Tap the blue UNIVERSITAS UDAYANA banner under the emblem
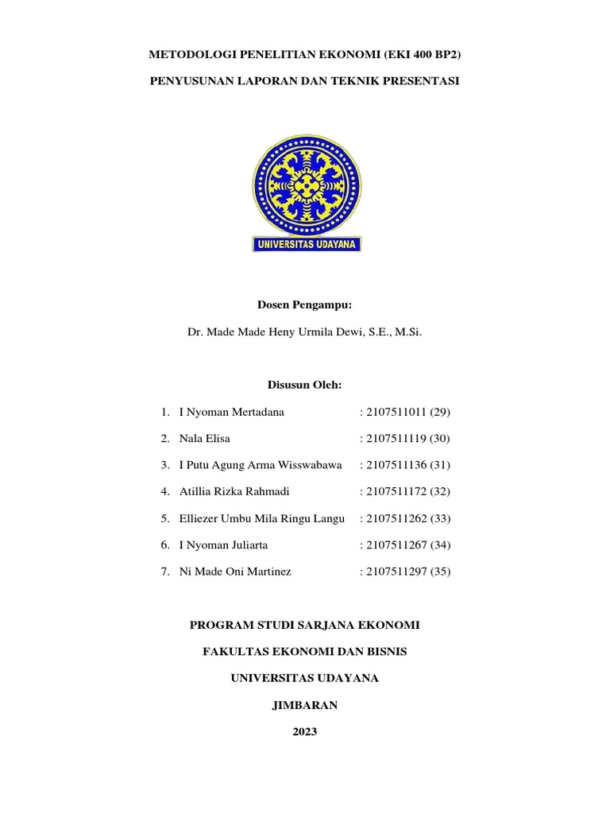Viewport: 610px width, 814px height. point(306,243)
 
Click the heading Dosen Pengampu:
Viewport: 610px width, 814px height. point(305,304)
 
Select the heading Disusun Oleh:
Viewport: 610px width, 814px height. point(305,386)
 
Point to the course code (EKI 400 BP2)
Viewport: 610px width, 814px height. point(420,56)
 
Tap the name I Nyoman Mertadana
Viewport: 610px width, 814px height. point(232,412)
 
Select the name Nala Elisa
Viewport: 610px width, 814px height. point(205,438)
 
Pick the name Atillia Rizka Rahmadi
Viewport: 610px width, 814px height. point(235,492)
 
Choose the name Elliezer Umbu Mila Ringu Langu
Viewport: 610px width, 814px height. point(262,518)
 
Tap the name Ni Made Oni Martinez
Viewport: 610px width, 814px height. point(235,572)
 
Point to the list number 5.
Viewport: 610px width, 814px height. point(164,518)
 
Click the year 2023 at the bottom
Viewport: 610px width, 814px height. point(305,731)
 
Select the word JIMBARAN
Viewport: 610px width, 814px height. point(305,704)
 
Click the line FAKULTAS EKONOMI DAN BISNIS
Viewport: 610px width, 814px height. point(305,651)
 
